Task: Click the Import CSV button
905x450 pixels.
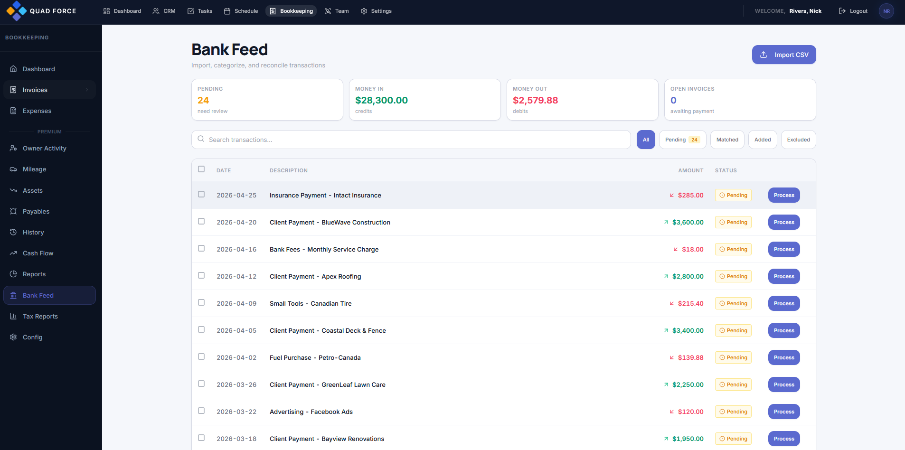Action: click(x=783, y=55)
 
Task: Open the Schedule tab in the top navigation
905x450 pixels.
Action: click(x=241, y=11)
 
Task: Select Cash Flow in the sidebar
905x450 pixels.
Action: click(x=38, y=253)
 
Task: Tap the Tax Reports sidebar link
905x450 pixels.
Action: click(x=40, y=317)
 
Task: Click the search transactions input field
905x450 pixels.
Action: click(x=411, y=140)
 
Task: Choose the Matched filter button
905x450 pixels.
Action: click(x=727, y=140)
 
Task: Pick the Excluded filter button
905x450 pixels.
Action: click(x=798, y=140)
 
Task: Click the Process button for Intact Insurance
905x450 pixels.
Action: click(x=783, y=195)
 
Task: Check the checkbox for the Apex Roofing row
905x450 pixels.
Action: click(x=201, y=275)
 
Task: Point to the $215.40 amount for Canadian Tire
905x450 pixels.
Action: click(x=690, y=303)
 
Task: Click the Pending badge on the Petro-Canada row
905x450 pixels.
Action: click(x=733, y=357)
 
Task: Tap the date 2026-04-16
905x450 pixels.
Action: click(x=236, y=249)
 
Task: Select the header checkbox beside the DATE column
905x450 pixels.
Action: click(x=201, y=169)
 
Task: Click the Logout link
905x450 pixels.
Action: click(x=853, y=11)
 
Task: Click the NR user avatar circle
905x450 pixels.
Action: click(x=886, y=11)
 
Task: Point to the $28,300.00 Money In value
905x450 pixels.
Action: click(x=381, y=100)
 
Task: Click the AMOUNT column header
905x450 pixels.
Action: click(x=690, y=170)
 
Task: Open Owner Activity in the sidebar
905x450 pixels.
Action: click(x=44, y=148)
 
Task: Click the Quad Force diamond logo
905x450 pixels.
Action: click(x=17, y=11)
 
